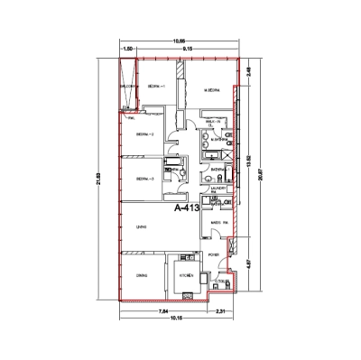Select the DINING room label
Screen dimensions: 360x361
click(142, 275)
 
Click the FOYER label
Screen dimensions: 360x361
click(214, 256)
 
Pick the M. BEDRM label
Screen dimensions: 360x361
click(213, 90)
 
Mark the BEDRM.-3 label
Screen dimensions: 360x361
click(144, 180)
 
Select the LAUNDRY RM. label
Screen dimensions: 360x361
click(217, 189)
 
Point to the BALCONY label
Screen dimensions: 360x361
click(128, 86)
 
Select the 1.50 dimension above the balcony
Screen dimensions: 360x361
click(128, 49)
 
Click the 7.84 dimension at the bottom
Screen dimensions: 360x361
click(162, 311)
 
